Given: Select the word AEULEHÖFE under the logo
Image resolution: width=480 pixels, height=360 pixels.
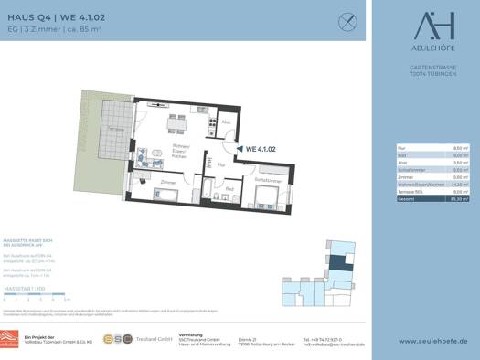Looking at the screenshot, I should pos(426,49).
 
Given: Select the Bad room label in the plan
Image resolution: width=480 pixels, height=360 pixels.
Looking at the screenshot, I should pos(230,189).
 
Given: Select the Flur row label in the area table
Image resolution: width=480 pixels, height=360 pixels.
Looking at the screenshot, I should pos(402,147).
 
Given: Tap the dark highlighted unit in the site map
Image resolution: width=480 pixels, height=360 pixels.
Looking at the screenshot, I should pos(337,265).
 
